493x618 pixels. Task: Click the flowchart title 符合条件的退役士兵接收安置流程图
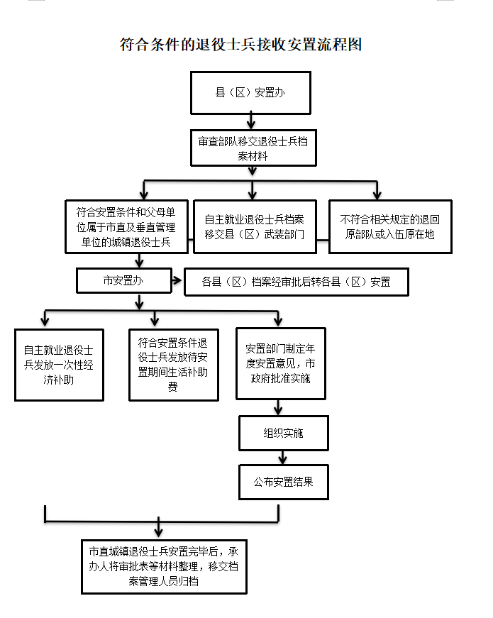coord(241,44)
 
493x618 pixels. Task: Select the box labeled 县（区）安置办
coord(250,92)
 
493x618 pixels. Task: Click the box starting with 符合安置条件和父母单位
coord(126,226)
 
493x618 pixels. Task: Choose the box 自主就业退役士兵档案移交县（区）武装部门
coord(254,226)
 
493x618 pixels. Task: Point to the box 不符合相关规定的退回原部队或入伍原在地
coord(390,226)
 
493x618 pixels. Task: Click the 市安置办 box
coord(123,280)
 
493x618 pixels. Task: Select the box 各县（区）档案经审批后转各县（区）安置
coord(296,282)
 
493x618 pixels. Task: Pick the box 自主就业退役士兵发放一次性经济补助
coord(59,365)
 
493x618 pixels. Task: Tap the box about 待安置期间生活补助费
coord(172,365)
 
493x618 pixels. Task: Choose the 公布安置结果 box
coord(283,483)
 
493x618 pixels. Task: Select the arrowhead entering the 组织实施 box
coord(279,411)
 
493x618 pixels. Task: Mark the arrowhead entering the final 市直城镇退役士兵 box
coord(158,531)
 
